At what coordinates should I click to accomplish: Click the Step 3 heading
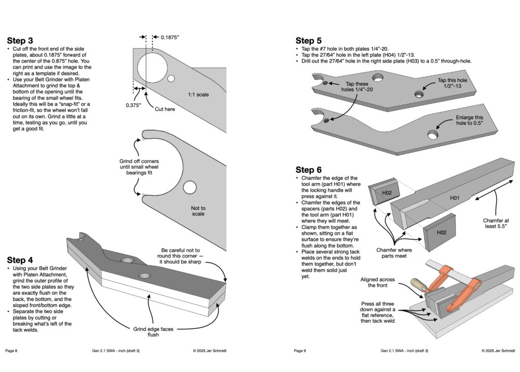20,41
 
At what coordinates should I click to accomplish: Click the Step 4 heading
20,260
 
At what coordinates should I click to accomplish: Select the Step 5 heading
309,41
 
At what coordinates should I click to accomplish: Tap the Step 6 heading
309,170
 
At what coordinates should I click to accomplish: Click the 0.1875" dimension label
170,38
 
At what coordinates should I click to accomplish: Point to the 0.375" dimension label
133,105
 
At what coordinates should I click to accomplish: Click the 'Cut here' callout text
166,109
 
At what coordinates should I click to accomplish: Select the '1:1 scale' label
199,95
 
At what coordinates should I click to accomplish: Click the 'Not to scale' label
198,211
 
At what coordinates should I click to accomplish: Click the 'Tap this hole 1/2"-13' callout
454,84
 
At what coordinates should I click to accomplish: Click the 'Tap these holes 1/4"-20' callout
358,87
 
